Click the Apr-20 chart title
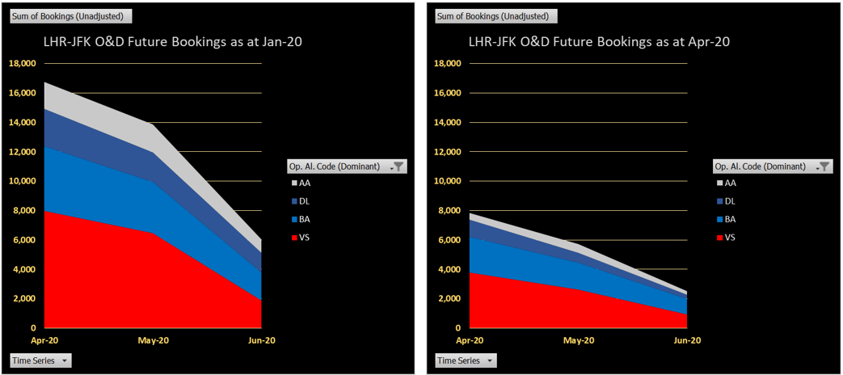[x=599, y=42]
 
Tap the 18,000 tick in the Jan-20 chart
[x=22, y=64]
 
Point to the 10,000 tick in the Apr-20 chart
[x=448, y=181]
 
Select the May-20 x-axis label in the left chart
[x=153, y=341]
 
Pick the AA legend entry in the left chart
[x=304, y=183]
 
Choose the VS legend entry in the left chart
[x=304, y=238]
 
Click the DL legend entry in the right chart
[x=729, y=201]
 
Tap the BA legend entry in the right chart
[x=729, y=220]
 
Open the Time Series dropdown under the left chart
[x=40, y=360]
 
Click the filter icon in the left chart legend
[x=398, y=166]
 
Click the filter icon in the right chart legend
[x=824, y=166]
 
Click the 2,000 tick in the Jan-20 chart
[x=24, y=299]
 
